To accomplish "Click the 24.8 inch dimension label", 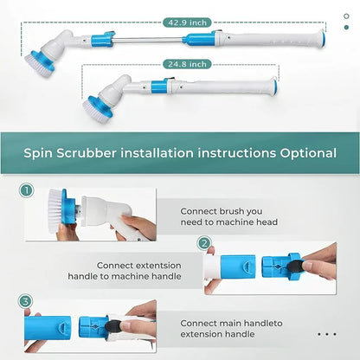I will coord(185,63).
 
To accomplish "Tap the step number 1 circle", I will coord(26,190).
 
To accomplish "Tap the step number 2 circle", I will coord(204,243).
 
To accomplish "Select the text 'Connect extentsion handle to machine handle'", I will coord(138,271).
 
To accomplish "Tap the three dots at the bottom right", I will coord(326,333).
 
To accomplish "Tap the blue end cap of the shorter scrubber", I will coord(273,87).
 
